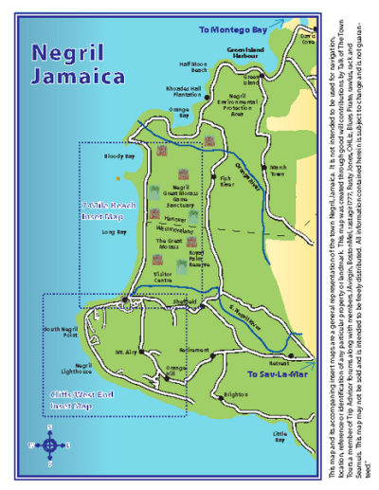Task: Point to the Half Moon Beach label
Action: click(192, 67)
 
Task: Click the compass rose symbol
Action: click(50, 442)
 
